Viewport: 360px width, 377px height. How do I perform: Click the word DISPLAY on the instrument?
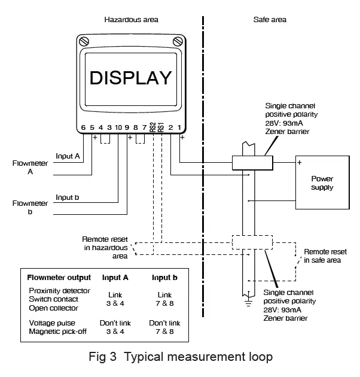coord(130,78)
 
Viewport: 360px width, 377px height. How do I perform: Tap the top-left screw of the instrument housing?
coord(84,41)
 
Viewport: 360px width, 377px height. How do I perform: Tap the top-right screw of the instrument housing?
coord(178,41)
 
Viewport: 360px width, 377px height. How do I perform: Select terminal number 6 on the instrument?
coord(83,127)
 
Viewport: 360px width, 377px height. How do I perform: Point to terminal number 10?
coord(118,127)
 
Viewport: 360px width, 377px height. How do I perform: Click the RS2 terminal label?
coord(152,127)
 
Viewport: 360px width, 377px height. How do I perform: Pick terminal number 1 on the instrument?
coord(179,127)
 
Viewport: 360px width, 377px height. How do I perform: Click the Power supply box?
coord(322,183)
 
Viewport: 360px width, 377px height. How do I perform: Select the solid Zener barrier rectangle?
coord(252,163)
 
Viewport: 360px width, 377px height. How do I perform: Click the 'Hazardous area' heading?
coord(131,20)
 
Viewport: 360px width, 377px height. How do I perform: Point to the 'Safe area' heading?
coord(270,20)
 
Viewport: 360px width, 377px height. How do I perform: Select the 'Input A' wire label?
coord(68,156)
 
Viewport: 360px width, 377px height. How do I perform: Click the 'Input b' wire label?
coord(68,197)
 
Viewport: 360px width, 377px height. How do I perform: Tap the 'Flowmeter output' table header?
coord(59,278)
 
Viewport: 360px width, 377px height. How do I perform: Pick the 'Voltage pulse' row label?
coord(52,323)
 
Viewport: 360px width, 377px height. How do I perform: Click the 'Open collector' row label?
coord(53,308)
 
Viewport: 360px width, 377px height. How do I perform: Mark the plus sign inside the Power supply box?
coord(300,163)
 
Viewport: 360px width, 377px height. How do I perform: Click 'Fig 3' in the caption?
coord(103,357)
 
